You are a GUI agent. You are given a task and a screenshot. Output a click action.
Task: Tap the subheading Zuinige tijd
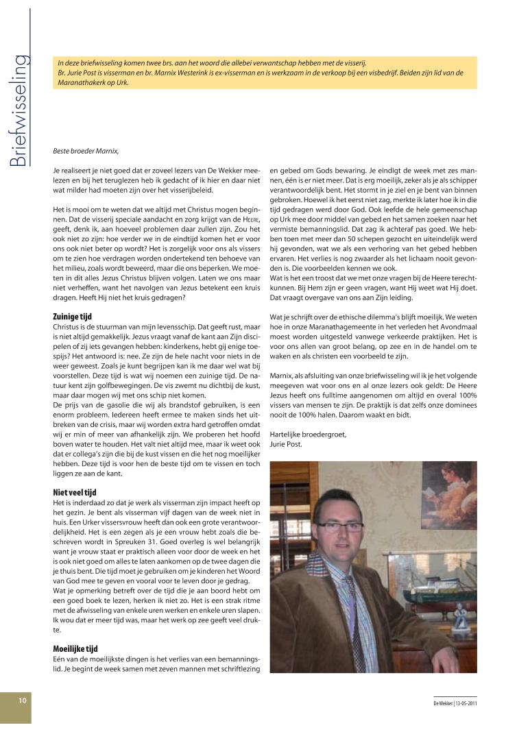[x=72, y=317]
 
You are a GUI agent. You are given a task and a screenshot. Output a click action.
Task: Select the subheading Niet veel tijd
[x=74, y=491]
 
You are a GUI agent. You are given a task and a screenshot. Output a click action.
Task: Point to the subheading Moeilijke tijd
[x=75, y=648]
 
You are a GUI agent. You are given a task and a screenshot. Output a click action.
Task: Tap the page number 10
[x=23, y=700]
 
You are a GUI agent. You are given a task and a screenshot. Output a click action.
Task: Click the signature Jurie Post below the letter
[x=287, y=443]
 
